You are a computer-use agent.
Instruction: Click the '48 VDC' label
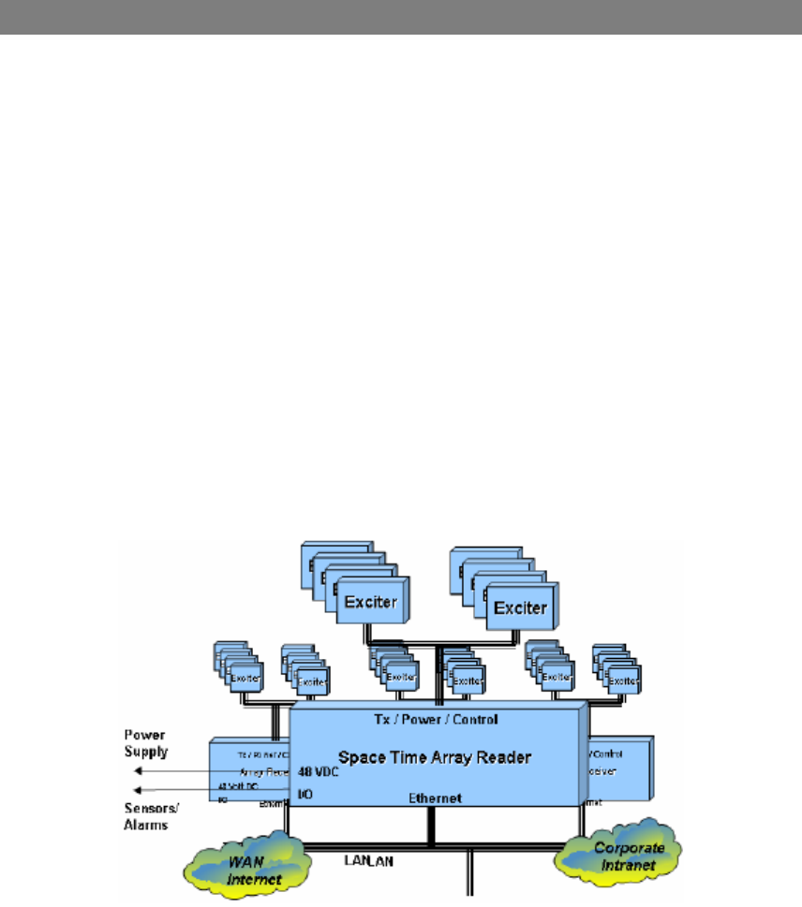[x=319, y=773]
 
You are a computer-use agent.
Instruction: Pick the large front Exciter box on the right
[x=519, y=607]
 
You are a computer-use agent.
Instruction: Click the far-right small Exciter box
[x=621, y=680]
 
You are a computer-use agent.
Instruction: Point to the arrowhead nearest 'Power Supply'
[x=138, y=771]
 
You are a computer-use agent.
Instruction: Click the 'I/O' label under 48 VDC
[x=305, y=794]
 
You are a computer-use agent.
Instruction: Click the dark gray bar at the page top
[x=401, y=18]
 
